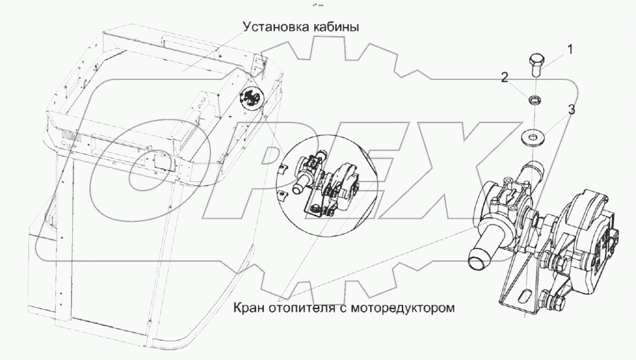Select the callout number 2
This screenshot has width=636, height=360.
505,78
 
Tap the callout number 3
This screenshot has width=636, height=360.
571,109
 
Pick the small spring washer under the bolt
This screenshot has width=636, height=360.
533,101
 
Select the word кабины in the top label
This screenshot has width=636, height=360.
336,28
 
